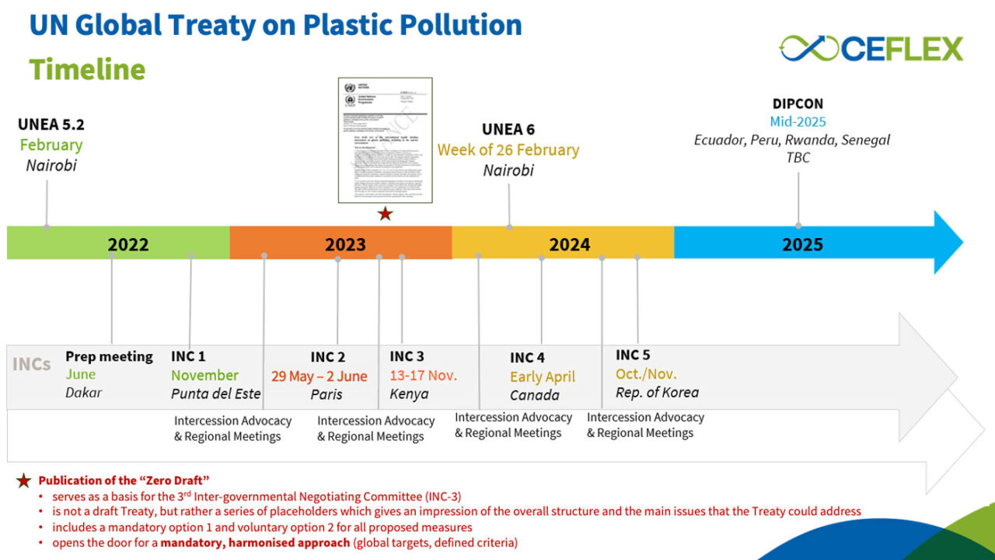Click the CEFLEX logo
871,48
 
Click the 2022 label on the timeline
128,244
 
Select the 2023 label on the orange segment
345,244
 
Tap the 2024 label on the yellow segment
569,244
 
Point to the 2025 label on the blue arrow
802,244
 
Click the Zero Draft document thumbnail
385,139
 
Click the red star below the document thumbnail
385,214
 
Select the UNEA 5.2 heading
51,124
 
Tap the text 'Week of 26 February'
508,149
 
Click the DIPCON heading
798,103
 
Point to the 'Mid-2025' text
798,121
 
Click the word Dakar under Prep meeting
83,393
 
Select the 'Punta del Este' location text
216,394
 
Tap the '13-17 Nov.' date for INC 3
423,375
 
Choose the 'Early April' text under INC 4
543,376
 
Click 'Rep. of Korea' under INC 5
657,392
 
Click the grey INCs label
32,364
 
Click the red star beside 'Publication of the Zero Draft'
24,481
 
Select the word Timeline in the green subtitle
87,68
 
